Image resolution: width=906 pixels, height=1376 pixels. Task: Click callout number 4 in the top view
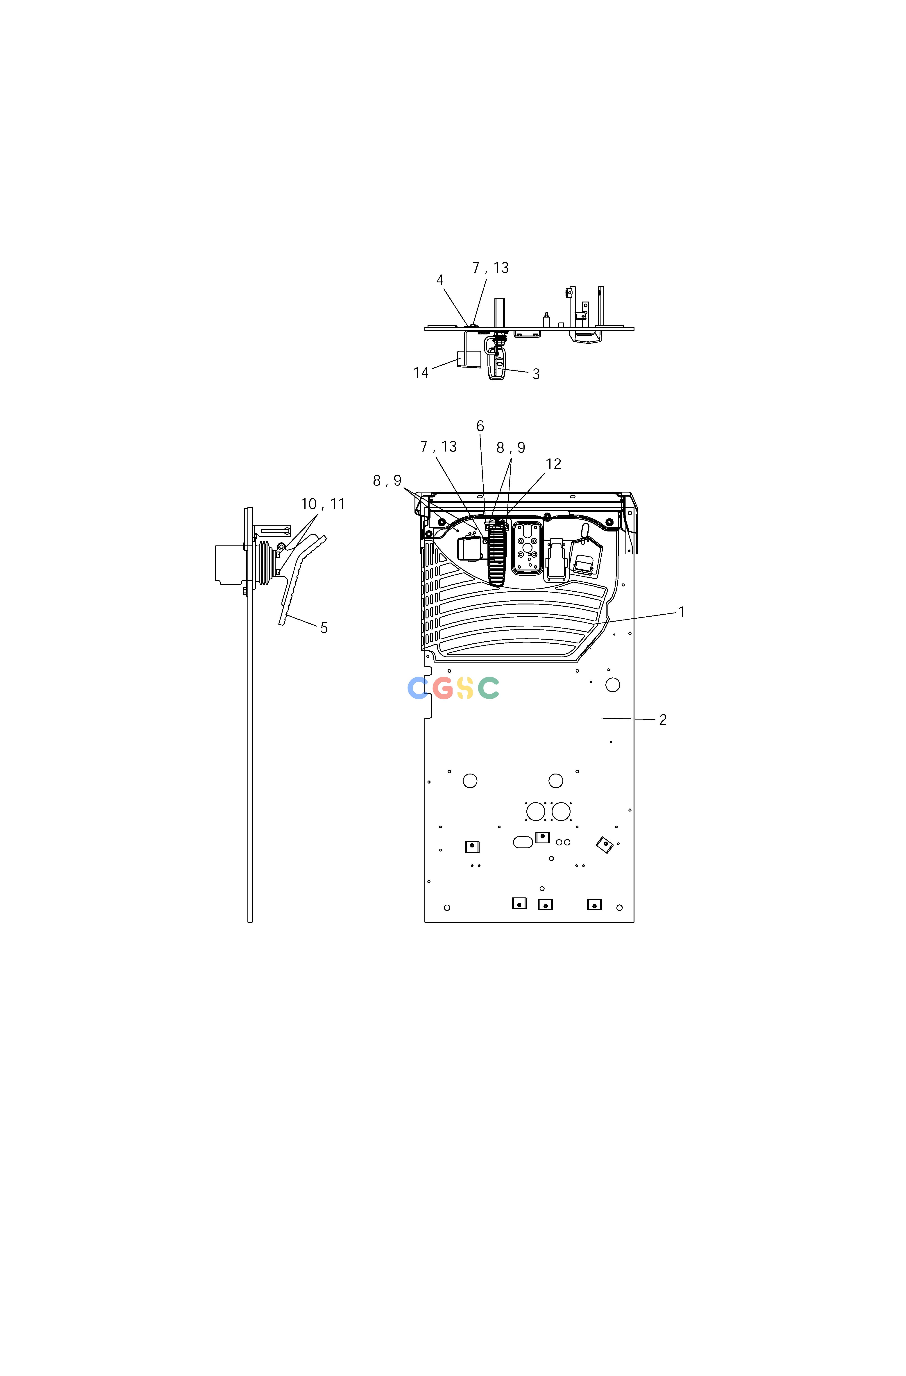coord(440,280)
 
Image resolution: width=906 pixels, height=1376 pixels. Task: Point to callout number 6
coord(480,426)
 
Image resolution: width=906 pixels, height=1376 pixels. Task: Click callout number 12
coord(553,464)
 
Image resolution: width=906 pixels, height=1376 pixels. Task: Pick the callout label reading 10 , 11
coord(323,504)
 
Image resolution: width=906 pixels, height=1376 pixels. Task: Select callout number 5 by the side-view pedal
coord(324,628)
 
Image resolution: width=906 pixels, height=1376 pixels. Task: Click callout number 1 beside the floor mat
coord(682,612)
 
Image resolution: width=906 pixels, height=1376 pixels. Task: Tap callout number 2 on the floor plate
coord(663,720)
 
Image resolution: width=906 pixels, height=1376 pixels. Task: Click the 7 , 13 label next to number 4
coord(490,268)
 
